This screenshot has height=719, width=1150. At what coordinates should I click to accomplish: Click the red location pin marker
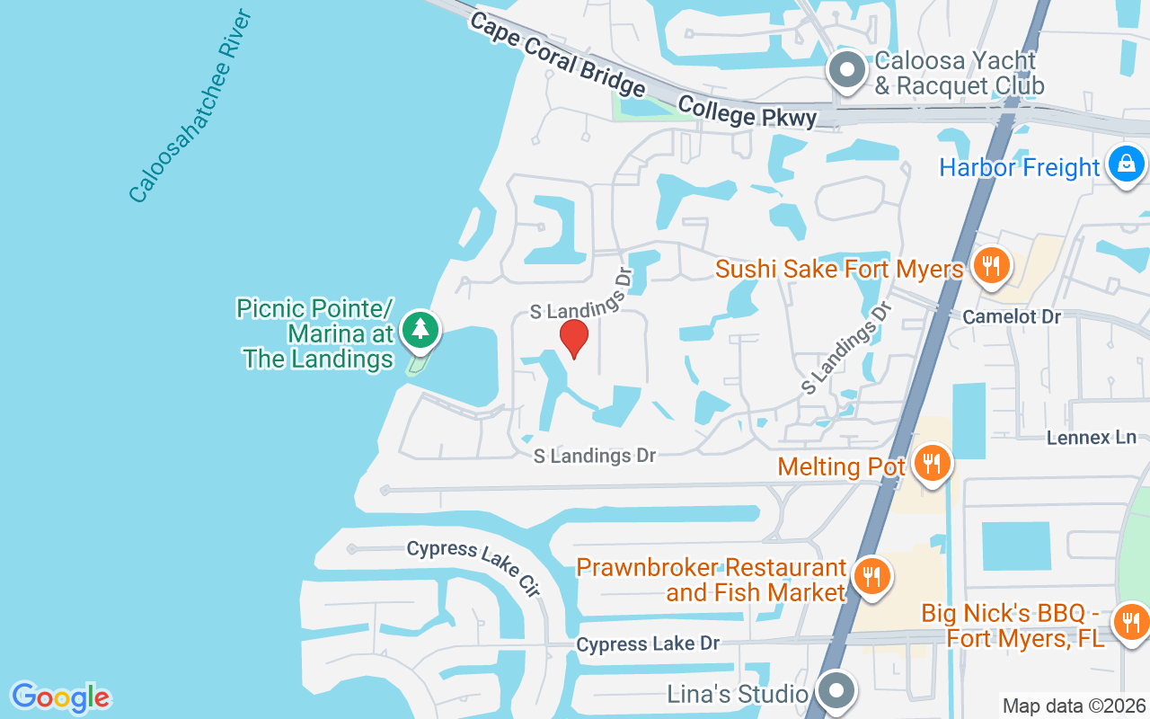(574, 339)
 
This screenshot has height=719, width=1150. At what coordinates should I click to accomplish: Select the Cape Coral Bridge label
(557, 55)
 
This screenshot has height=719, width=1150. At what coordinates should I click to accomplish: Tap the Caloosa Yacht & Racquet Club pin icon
(845, 71)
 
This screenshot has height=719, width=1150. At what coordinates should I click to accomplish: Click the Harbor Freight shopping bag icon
(1125, 164)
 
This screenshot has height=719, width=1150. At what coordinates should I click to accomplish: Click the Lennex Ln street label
(1092, 438)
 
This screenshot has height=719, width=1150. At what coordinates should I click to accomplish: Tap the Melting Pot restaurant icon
(933, 463)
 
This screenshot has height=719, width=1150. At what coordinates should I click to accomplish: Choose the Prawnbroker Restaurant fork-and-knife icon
(871, 576)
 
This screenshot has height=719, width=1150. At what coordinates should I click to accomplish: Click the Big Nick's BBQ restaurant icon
(1130, 621)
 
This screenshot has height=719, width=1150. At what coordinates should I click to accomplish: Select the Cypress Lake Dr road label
(649, 644)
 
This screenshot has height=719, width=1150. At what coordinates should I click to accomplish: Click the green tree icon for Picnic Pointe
(419, 329)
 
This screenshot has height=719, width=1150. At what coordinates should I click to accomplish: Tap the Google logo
(61, 697)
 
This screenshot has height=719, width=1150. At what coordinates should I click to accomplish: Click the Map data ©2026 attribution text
(1074, 706)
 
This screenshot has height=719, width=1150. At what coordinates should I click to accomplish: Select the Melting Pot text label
(842, 466)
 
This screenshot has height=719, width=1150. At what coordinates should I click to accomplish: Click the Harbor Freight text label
(1019, 168)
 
